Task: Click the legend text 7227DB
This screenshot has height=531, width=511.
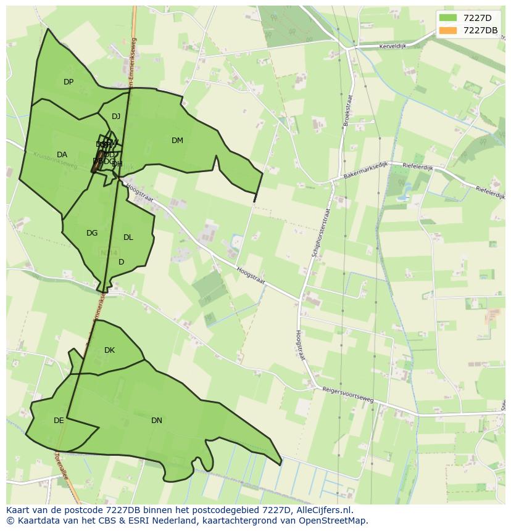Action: (x=480, y=30)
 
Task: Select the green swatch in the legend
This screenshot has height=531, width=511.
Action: (x=449, y=18)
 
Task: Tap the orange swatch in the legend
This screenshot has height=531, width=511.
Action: (x=449, y=30)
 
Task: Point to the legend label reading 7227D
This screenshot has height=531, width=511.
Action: (x=478, y=18)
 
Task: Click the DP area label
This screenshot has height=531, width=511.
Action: (x=69, y=82)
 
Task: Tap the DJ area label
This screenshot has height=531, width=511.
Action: (x=116, y=117)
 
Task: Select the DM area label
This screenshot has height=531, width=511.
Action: (x=177, y=141)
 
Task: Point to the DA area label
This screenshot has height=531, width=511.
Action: (x=62, y=155)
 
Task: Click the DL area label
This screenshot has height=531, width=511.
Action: (x=128, y=237)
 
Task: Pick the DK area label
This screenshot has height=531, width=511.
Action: (x=109, y=350)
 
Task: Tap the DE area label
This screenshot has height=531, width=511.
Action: (x=59, y=421)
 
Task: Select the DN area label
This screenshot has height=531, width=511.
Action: (x=157, y=421)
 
